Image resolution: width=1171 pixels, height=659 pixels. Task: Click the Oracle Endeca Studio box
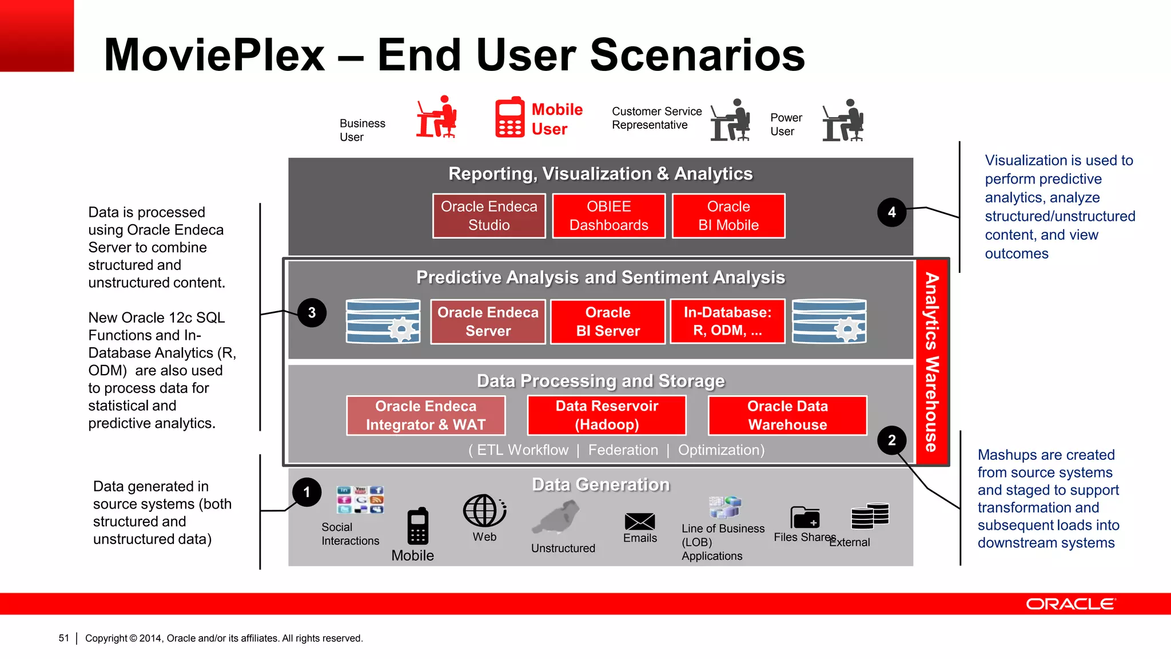coord(489,216)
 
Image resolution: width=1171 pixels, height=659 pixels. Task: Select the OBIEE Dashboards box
coord(609,216)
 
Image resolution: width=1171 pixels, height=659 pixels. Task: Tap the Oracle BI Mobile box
coord(728,216)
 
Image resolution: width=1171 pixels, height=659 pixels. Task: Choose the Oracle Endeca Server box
coord(488,321)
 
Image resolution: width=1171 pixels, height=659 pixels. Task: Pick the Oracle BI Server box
coord(608,321)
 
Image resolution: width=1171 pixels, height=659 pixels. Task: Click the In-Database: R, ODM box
coord(727,321)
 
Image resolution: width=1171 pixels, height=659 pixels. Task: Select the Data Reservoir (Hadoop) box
coord(607,415)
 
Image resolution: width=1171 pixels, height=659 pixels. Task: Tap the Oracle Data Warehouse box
coord(787,415)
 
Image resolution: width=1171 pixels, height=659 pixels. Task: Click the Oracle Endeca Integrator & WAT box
coord(426,415)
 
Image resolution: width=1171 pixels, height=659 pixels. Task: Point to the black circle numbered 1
coord(307,493)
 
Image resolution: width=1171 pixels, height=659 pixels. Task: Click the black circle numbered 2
coord(891,440)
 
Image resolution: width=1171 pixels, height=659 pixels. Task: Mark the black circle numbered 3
coord(312,313)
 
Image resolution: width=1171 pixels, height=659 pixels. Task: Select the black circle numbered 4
coord(891,212)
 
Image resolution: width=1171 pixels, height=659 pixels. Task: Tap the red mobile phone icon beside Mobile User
coord(509,118)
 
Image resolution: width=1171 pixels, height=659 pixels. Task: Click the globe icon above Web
coord(484,511)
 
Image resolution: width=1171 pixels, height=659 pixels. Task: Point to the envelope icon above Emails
coord(640,521)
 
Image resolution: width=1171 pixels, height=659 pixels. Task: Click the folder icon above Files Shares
coord(805,518)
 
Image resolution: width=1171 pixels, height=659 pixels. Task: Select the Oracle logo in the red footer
coord(1070,604)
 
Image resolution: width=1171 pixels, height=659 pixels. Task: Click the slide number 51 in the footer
coord(63,638)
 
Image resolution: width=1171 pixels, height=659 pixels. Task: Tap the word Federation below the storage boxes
coord(623,450)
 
